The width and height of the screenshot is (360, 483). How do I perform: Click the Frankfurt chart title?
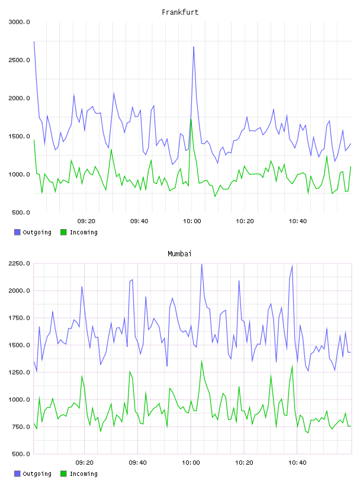click(x=180, y=12)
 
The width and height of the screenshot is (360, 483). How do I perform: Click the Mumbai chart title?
click(x=179, y=254)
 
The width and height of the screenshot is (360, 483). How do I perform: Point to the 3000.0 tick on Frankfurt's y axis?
click(x=19, y=22)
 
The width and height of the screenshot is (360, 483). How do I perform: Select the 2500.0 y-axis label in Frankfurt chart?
click(x=19, y=60)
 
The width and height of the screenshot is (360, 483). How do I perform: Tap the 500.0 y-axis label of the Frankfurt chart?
click(x=21, y=212)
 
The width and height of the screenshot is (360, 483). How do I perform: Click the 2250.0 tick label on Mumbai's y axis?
click(x=19, y=263)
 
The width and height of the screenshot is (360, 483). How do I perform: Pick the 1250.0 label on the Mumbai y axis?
click(x=19, y=372)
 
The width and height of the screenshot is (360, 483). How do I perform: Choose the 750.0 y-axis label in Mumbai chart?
click(x=21, y=427)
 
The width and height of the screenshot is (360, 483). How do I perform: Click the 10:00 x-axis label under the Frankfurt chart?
click(x=192, y=221)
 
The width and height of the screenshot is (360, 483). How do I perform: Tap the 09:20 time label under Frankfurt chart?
click(x=86, y=221)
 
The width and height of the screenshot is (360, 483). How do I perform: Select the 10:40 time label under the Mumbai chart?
click(x=297, y=463)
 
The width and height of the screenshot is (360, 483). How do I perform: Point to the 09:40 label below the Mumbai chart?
click(x=138, y=463)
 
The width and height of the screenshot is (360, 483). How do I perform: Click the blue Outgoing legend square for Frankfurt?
click(x=17, y=232)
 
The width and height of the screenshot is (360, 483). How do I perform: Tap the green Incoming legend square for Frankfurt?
click(x=63, y=232)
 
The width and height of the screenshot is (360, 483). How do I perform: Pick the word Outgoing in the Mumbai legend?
click(x=37, y=474)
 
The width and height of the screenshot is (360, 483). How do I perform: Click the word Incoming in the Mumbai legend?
click(x=83, y=474)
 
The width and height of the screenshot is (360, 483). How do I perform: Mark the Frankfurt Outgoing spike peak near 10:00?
click(x=194, y=47)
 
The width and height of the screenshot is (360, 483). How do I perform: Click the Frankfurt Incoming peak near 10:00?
click(x=191, y=120)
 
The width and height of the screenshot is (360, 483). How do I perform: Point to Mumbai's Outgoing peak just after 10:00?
click(x=201, y=265)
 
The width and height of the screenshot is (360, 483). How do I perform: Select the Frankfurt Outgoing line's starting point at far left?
click(x=34, y=41)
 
